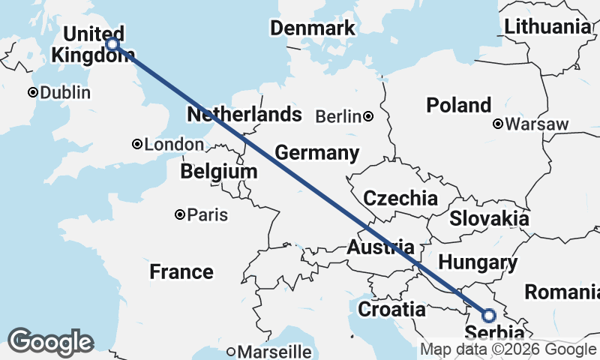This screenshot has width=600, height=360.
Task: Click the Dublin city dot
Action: [33, 93]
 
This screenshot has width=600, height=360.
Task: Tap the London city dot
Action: [137, 144]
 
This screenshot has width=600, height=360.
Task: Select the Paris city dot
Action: [180, 215]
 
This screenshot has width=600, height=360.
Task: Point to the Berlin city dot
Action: [368, 116]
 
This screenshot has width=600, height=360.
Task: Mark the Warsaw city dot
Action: [498, 124]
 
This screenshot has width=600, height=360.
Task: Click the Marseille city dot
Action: [231, 351]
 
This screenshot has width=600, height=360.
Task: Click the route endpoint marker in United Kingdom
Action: [112, 44]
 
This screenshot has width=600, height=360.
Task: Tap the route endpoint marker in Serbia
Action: [488, 315]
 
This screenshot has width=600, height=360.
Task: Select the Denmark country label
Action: [313, 28]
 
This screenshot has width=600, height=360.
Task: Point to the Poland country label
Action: [459, 105]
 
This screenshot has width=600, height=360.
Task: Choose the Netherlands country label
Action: [244, 115]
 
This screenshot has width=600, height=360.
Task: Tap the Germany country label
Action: [317, 153]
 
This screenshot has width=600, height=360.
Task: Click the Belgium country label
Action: [218, 172]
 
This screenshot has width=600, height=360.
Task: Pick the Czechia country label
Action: [400, 198]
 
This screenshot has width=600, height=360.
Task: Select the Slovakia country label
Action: [490, 218]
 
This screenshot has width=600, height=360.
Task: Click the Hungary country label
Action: [478, 262]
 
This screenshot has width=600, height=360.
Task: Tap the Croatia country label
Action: [391, 309]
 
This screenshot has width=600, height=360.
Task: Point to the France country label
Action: [181, 271]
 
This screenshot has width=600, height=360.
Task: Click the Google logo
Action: [50, 341]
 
